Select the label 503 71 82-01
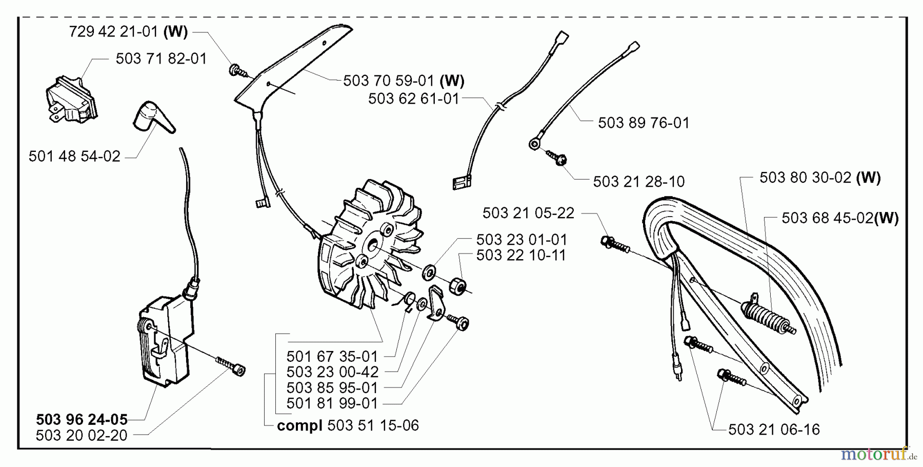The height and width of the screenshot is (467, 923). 161,59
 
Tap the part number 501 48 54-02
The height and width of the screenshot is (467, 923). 74,157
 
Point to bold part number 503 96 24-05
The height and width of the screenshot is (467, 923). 82,420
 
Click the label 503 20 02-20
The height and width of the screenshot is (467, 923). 82,436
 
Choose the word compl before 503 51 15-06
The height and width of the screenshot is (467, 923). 299,426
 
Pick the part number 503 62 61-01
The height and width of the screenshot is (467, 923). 413,99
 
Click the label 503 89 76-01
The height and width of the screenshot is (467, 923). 644,123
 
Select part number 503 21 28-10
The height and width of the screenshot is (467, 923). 638,182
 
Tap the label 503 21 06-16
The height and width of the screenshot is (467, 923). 774,430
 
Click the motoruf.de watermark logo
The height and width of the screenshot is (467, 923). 878,454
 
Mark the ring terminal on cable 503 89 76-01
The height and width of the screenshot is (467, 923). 534,145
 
